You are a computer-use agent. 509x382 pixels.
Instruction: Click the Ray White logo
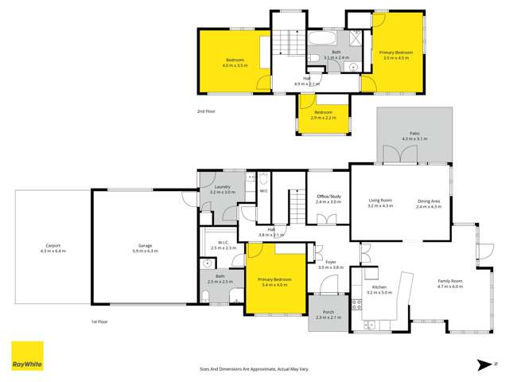click(26, 357)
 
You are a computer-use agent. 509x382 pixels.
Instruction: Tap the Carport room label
click(52, 247)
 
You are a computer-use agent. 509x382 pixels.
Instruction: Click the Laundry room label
click(222, 187)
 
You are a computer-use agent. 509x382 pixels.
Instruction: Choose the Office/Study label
click(328, 197)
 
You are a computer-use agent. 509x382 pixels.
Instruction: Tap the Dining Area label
click(429, 201)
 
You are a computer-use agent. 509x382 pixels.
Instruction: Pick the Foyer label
click(330, 262)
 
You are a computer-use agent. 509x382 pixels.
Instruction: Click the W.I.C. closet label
click(222, 243)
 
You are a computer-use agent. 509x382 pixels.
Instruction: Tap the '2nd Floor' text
click(206, 111)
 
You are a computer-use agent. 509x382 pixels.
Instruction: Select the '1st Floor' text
click(99, 321)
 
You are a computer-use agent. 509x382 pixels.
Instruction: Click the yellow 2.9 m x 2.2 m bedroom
click(323, 114)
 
